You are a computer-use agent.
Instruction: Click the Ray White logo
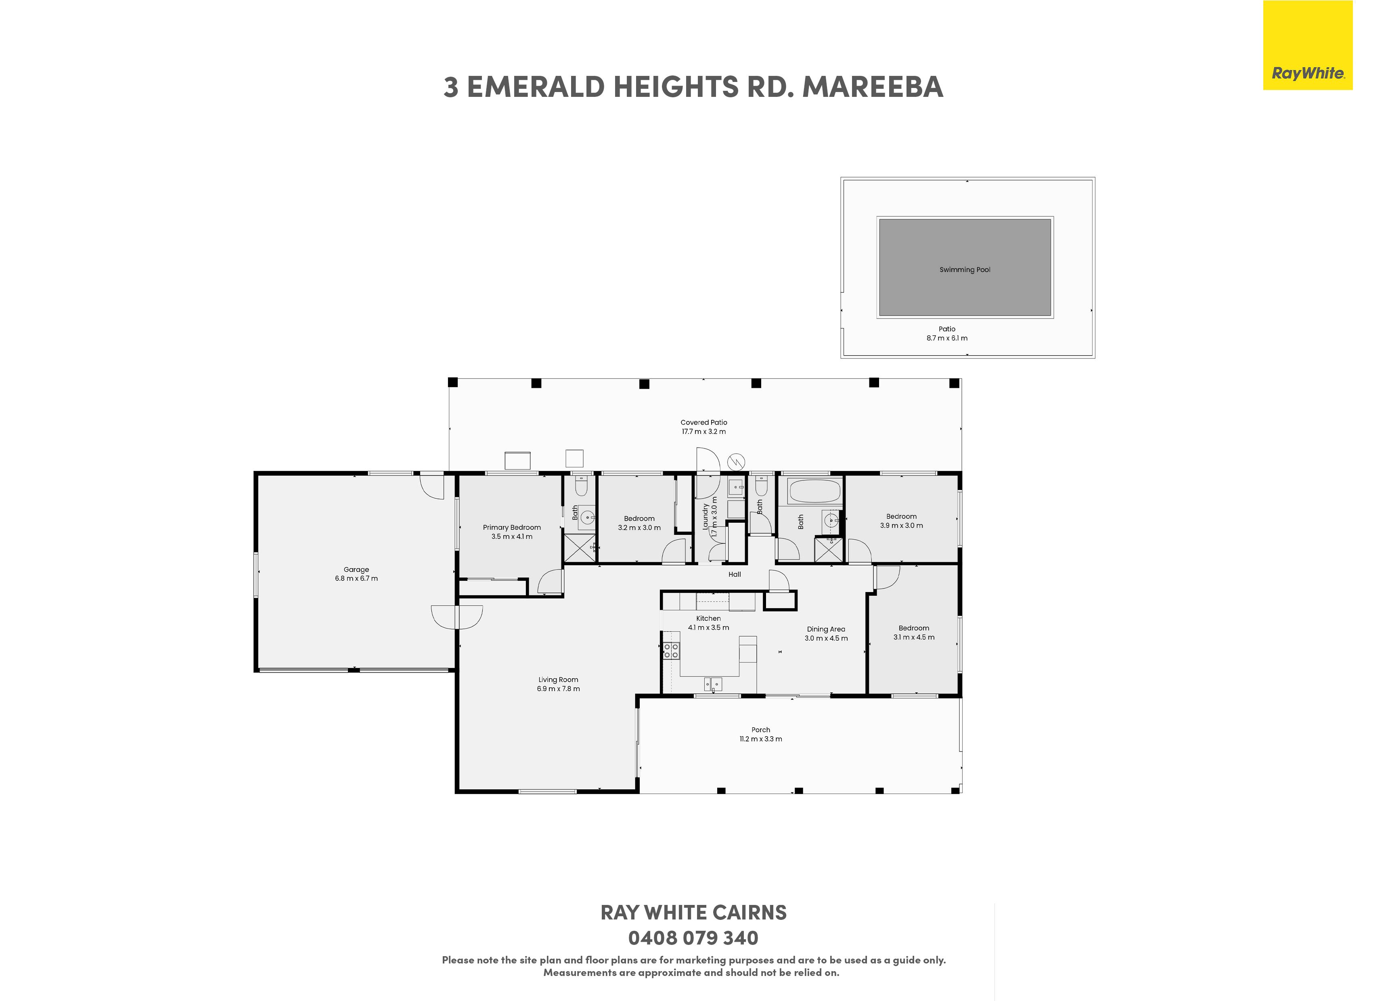click(1308, 45)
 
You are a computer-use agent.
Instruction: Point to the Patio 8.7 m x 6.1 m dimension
click(947, 338)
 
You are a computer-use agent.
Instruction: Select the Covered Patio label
click(704, 422)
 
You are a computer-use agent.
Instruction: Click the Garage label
click(356, 570)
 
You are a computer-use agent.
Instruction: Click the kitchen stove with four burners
click(671, 650)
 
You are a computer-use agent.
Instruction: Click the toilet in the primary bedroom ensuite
click(581, 485)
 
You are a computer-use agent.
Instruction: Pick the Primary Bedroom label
click(512, 528)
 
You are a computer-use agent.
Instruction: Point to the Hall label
click(735, 574)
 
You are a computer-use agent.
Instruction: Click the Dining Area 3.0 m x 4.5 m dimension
click(826, 638)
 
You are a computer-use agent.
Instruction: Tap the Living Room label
click(558, 680)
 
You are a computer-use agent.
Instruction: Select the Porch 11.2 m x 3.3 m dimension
click(761, 739)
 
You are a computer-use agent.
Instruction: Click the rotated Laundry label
click(705, 516)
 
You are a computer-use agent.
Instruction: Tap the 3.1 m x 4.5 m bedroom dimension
click(914, 637)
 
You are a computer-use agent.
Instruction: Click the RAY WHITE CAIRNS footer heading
click(693, 912)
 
